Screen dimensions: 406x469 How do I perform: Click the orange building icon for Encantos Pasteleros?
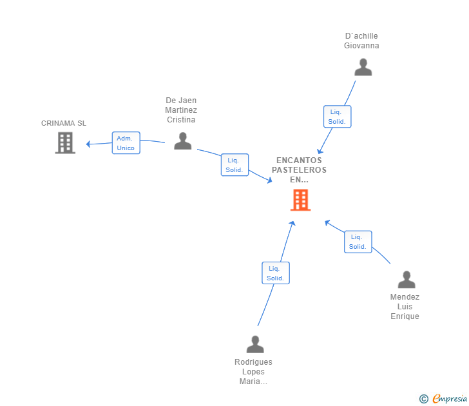point(300,200)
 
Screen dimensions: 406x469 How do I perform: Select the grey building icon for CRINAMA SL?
point(65,143)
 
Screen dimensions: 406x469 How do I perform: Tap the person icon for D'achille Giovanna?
point(363,68)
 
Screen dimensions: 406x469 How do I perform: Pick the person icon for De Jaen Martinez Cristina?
point(183,141)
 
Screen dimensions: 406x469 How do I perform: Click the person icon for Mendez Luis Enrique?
point(407,280)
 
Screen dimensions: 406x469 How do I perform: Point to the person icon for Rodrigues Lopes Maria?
point(255,345)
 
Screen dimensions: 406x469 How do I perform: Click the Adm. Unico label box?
point(126,143)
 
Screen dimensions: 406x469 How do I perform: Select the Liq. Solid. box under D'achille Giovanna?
point(337,117)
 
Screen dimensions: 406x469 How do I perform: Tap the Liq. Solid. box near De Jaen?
point(234,165)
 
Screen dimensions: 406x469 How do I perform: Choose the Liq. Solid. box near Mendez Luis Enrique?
point(358,242)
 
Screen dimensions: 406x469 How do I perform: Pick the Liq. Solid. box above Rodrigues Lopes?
point(276,273)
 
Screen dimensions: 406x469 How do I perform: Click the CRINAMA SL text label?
point(64,123)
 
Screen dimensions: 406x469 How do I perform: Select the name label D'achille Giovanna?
point(361,41)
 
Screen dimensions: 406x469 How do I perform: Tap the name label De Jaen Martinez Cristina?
point(181,110)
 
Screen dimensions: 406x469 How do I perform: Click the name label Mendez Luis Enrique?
point(405,307)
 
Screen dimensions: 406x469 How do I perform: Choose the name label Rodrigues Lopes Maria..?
point(253,372)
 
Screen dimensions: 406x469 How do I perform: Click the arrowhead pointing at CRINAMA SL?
point(89,144)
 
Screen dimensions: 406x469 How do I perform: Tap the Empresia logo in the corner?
point(450,399)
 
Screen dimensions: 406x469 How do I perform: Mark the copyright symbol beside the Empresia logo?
point(424,399)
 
